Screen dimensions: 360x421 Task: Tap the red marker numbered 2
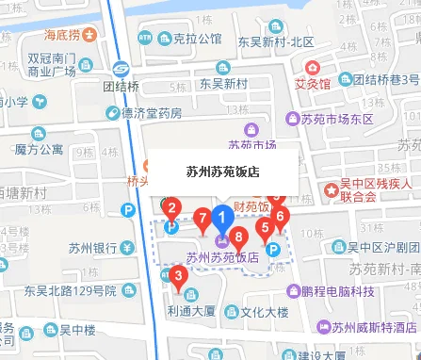[171, 207]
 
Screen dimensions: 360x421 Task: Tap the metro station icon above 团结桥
[121, 68]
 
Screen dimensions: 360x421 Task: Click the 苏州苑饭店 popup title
[223, 172]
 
